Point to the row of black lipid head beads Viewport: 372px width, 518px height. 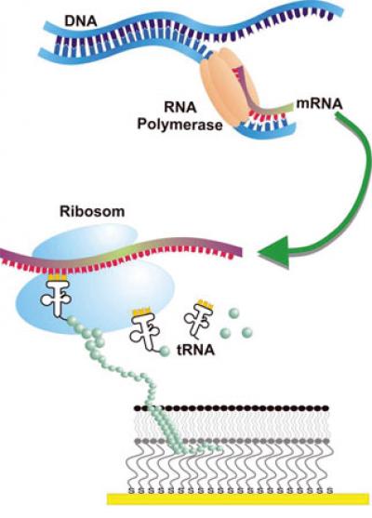tap(232, 408)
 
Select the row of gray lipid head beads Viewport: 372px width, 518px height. tap(232, 438)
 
